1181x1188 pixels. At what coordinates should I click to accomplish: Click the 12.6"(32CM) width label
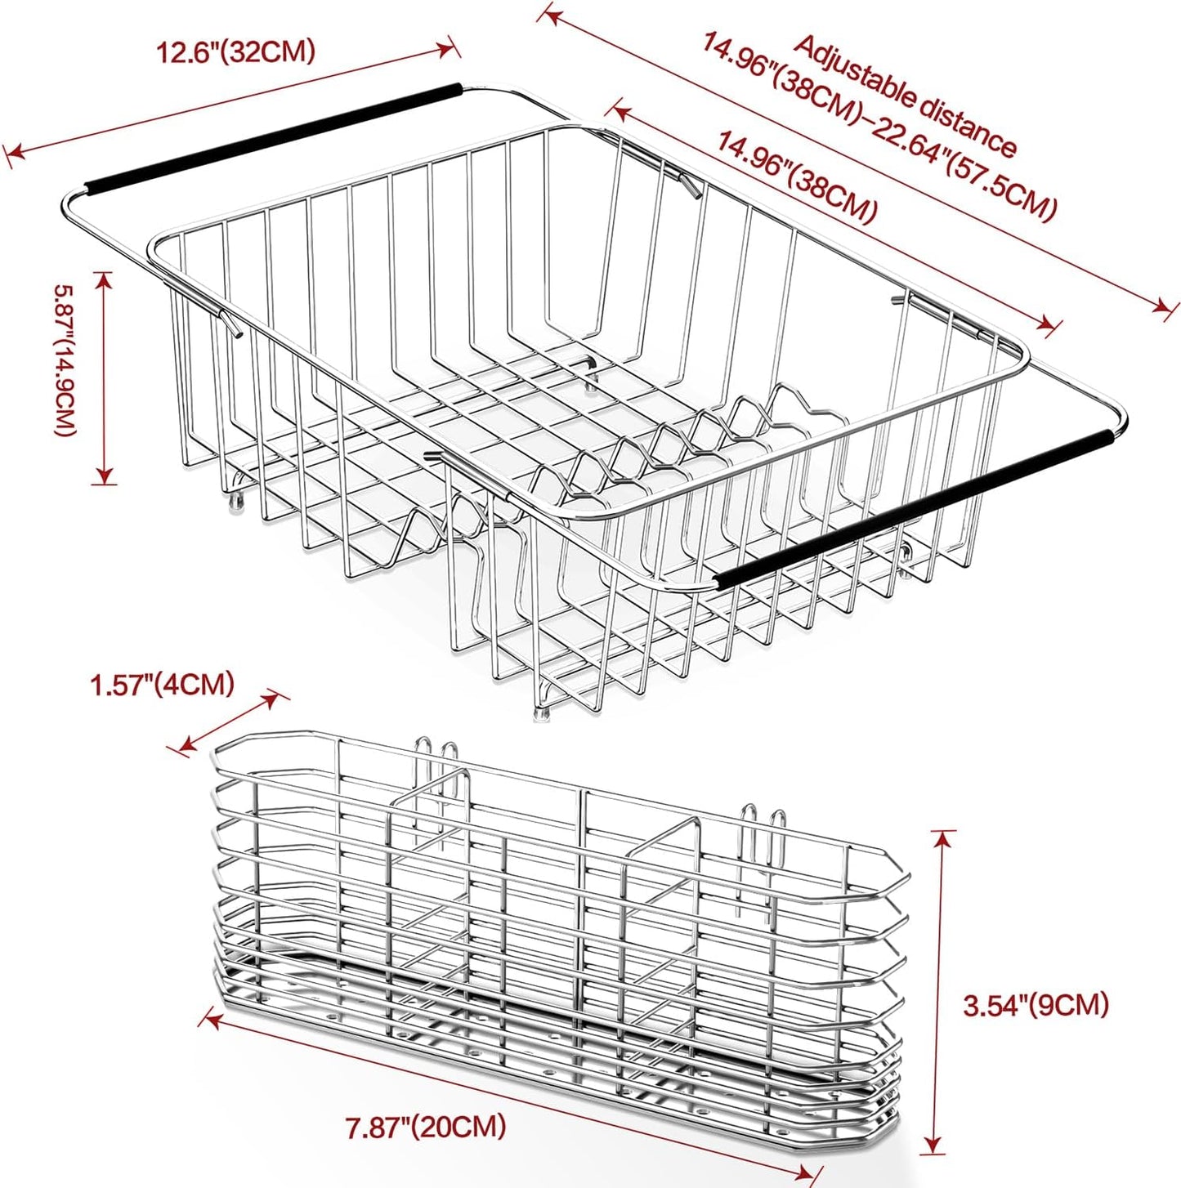[x=236, y=52]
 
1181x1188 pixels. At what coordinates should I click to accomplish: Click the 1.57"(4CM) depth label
[x=162, y=684]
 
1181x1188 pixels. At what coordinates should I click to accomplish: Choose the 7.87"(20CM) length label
[x=425, y=1128]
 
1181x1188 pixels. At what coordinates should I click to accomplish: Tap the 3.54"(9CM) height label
[x=1036, y=1004]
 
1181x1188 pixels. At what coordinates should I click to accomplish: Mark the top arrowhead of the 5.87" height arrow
[x=104, y=278]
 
